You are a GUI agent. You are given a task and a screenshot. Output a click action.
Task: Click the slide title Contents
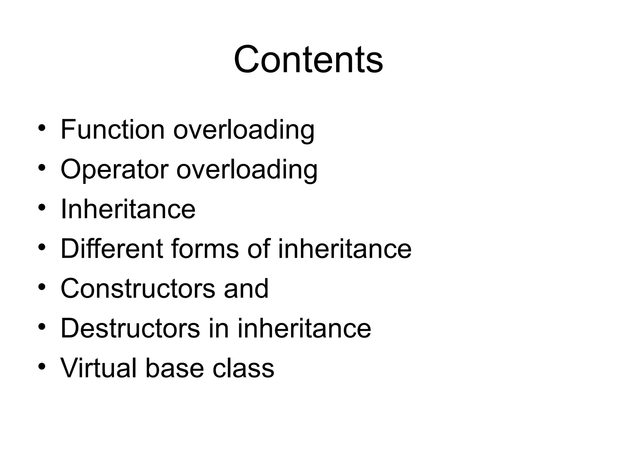point(308,59)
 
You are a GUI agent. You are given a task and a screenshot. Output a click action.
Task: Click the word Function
point(112,130)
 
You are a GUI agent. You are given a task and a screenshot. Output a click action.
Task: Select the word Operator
point(114,169)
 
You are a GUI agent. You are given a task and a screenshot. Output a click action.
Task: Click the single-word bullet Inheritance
point(128,209)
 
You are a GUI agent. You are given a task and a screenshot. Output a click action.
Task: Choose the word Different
point(112,249)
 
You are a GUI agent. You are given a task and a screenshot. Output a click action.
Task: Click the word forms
point(205,249)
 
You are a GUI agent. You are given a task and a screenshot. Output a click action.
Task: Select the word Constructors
point(138,288)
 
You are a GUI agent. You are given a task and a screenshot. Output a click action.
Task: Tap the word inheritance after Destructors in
point(304,328)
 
